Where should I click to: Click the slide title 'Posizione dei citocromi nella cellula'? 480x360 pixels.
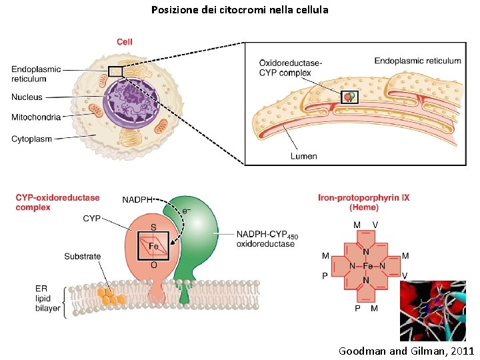(x=239, y=10)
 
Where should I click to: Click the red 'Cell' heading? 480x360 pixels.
(x=125, y=42)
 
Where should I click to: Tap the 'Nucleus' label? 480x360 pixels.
(x=27, y=97)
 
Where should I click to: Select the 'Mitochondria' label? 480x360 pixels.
(x=36, y=117)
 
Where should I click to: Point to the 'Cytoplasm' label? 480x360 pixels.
(x=31, y=139)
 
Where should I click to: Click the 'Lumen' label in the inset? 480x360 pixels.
(x=303, y=156)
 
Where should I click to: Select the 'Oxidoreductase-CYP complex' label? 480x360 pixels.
(x=290, y=68)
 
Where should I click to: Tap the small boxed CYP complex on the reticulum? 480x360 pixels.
(x=349, y=97)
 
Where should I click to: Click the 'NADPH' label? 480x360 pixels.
(x=138, y=199)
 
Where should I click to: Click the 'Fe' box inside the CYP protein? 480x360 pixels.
(x=153, y=246)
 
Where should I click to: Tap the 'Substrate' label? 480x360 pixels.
(x=83, y=256)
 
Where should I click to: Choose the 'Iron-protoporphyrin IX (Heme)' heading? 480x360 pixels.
(x=363, y=202)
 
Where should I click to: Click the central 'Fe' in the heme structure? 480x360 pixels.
(x=366, y=266)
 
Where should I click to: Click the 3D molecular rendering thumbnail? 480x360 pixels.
(x=432, y=311)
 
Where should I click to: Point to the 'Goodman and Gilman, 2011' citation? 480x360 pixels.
(x=406, y=351)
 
